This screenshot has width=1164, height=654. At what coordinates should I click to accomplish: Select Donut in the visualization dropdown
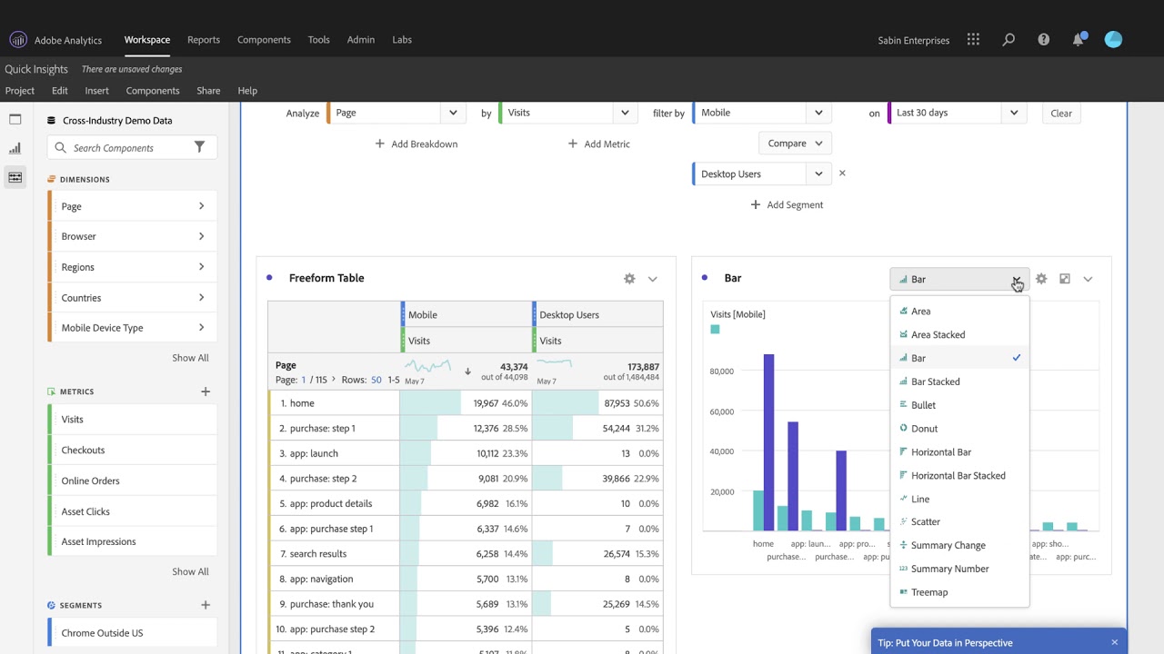pyautogui.click(x=924, y=429)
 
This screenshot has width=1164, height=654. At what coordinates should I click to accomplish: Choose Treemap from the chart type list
pyautogui.click(x=928, y=592)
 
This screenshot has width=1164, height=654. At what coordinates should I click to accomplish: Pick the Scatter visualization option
pyautogui.click(x=925, y=522)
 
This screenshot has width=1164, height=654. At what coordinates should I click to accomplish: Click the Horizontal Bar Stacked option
pyautogui.click(x=958, y=476)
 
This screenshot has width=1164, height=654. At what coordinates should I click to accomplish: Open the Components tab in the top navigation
pyautogui.click(x=264, y=40)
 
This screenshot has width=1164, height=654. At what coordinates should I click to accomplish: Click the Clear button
pyautogui.click(x=1061, y=114)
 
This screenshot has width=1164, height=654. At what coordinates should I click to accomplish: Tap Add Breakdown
pyautogui.click(x=416, y=144)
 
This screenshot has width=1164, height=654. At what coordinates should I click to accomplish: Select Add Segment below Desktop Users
pyautogui.click(x=787, y=205)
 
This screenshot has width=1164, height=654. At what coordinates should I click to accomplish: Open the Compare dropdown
pyautogui.click(x=794, y=144)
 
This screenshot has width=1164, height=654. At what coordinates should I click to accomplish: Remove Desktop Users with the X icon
pyautogui.click(x=842, y=173)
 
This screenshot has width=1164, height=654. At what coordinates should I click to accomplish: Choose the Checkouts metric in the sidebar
pyautogui.click(x=83, y=451)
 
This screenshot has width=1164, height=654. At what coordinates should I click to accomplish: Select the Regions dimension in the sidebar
pyautogui.click(x=77, y=267)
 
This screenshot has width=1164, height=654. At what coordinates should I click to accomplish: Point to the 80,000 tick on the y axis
pyautogui.click(x=721, y=372)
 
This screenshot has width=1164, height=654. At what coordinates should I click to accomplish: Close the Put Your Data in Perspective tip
pyautogui.click(x=1114, y=643)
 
